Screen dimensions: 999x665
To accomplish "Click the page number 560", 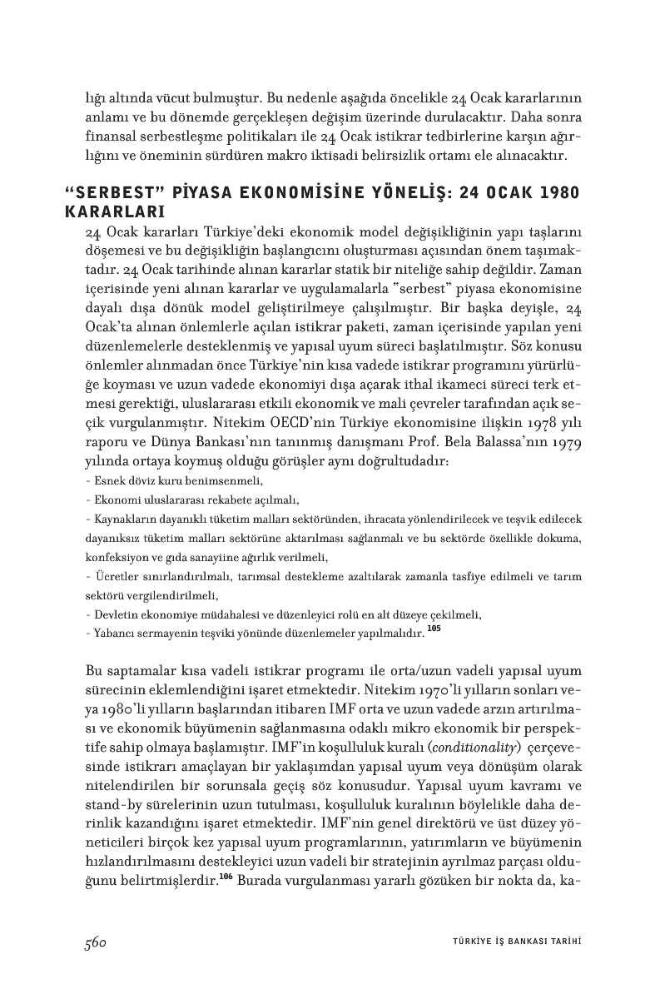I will point(97,942).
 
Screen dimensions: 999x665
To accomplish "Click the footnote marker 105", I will point(434,629).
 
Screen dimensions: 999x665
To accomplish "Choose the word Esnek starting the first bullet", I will point(107,481).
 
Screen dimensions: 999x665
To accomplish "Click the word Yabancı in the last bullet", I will point(112,634).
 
